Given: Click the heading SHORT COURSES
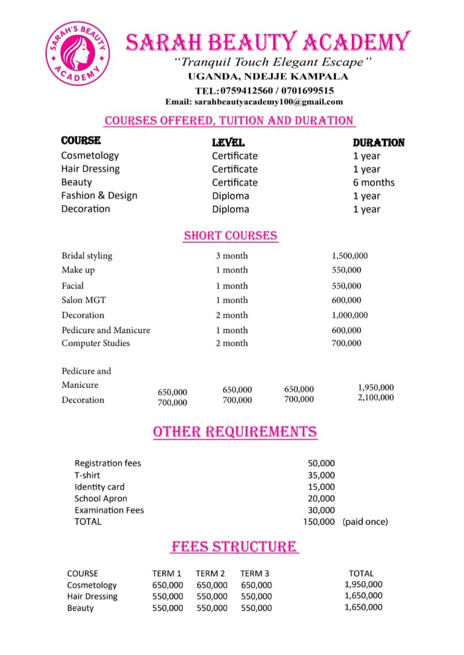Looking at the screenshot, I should (x=230, y=236).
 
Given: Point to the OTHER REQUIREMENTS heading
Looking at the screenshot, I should (x=234, y=432).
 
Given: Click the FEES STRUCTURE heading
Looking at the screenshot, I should (x=234, y=546).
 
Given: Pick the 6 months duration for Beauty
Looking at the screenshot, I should (x=373, y=183).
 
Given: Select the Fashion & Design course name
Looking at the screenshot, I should (x=99, y=195).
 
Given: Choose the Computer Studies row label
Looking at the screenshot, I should (x=96, y=343).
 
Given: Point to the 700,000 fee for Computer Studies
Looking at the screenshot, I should (x=346, y=343).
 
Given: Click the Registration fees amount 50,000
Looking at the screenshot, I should (x=321, y=463).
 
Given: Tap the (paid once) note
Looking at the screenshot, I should (x=365, y=522).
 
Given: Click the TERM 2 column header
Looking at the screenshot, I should (x=210, y=573).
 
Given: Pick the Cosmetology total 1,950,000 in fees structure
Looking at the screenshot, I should (x=363, y=585).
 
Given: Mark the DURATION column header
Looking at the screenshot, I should (x=379, y=143).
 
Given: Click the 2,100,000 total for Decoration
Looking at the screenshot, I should (x=376, y=398).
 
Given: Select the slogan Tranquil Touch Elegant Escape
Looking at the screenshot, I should (x=272, y=62).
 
